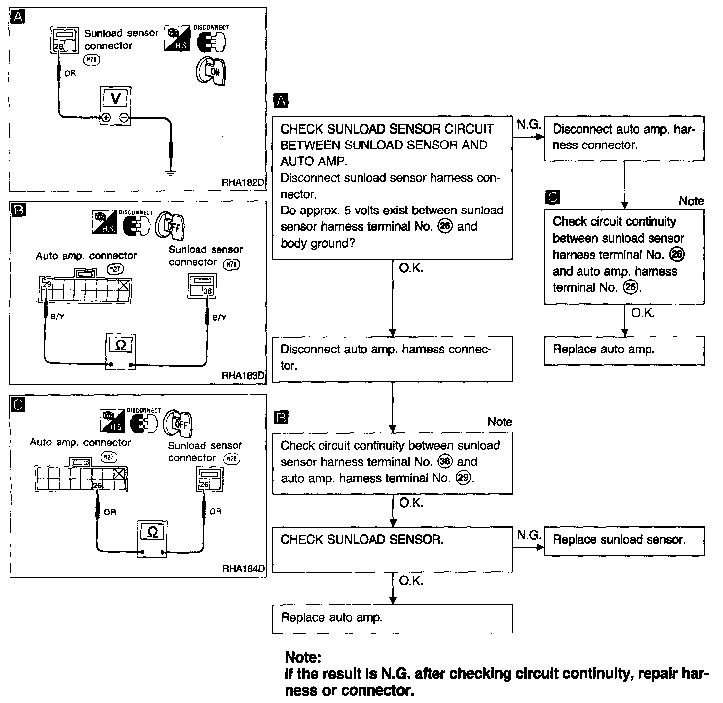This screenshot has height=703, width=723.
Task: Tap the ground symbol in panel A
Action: [x=171, y=173]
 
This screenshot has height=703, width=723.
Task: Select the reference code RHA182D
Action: [x=242, y=182]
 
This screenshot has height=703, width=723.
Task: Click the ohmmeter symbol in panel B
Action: [x=121, y=345]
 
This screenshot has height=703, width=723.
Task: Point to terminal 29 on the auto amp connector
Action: [x=47, y=285]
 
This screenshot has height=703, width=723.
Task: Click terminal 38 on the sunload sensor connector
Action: [x=208, y=291]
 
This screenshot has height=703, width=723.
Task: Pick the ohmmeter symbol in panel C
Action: [x=153, y=532]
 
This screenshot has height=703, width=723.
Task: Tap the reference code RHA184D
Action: [x=243, y=569]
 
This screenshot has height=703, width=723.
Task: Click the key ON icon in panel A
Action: [x=211, y=71]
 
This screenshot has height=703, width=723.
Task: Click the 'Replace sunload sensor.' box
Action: [x=624, y=540]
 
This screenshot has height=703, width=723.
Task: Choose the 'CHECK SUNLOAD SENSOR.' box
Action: [x=392, y=549]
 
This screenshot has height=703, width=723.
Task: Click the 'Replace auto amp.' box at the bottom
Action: [x=392, y=618]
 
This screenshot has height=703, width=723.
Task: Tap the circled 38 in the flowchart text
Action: [x=445, y=462]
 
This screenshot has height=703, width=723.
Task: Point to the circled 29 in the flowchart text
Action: [x=464, y=479]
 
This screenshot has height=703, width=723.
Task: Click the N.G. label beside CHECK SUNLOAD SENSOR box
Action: [x=528, y=535]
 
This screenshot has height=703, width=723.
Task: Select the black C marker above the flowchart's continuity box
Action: [x=552, y=198]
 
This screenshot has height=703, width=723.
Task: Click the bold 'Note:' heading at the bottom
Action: [x=303, y=658]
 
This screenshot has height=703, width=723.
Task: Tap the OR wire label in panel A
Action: [x=70, y=73]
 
